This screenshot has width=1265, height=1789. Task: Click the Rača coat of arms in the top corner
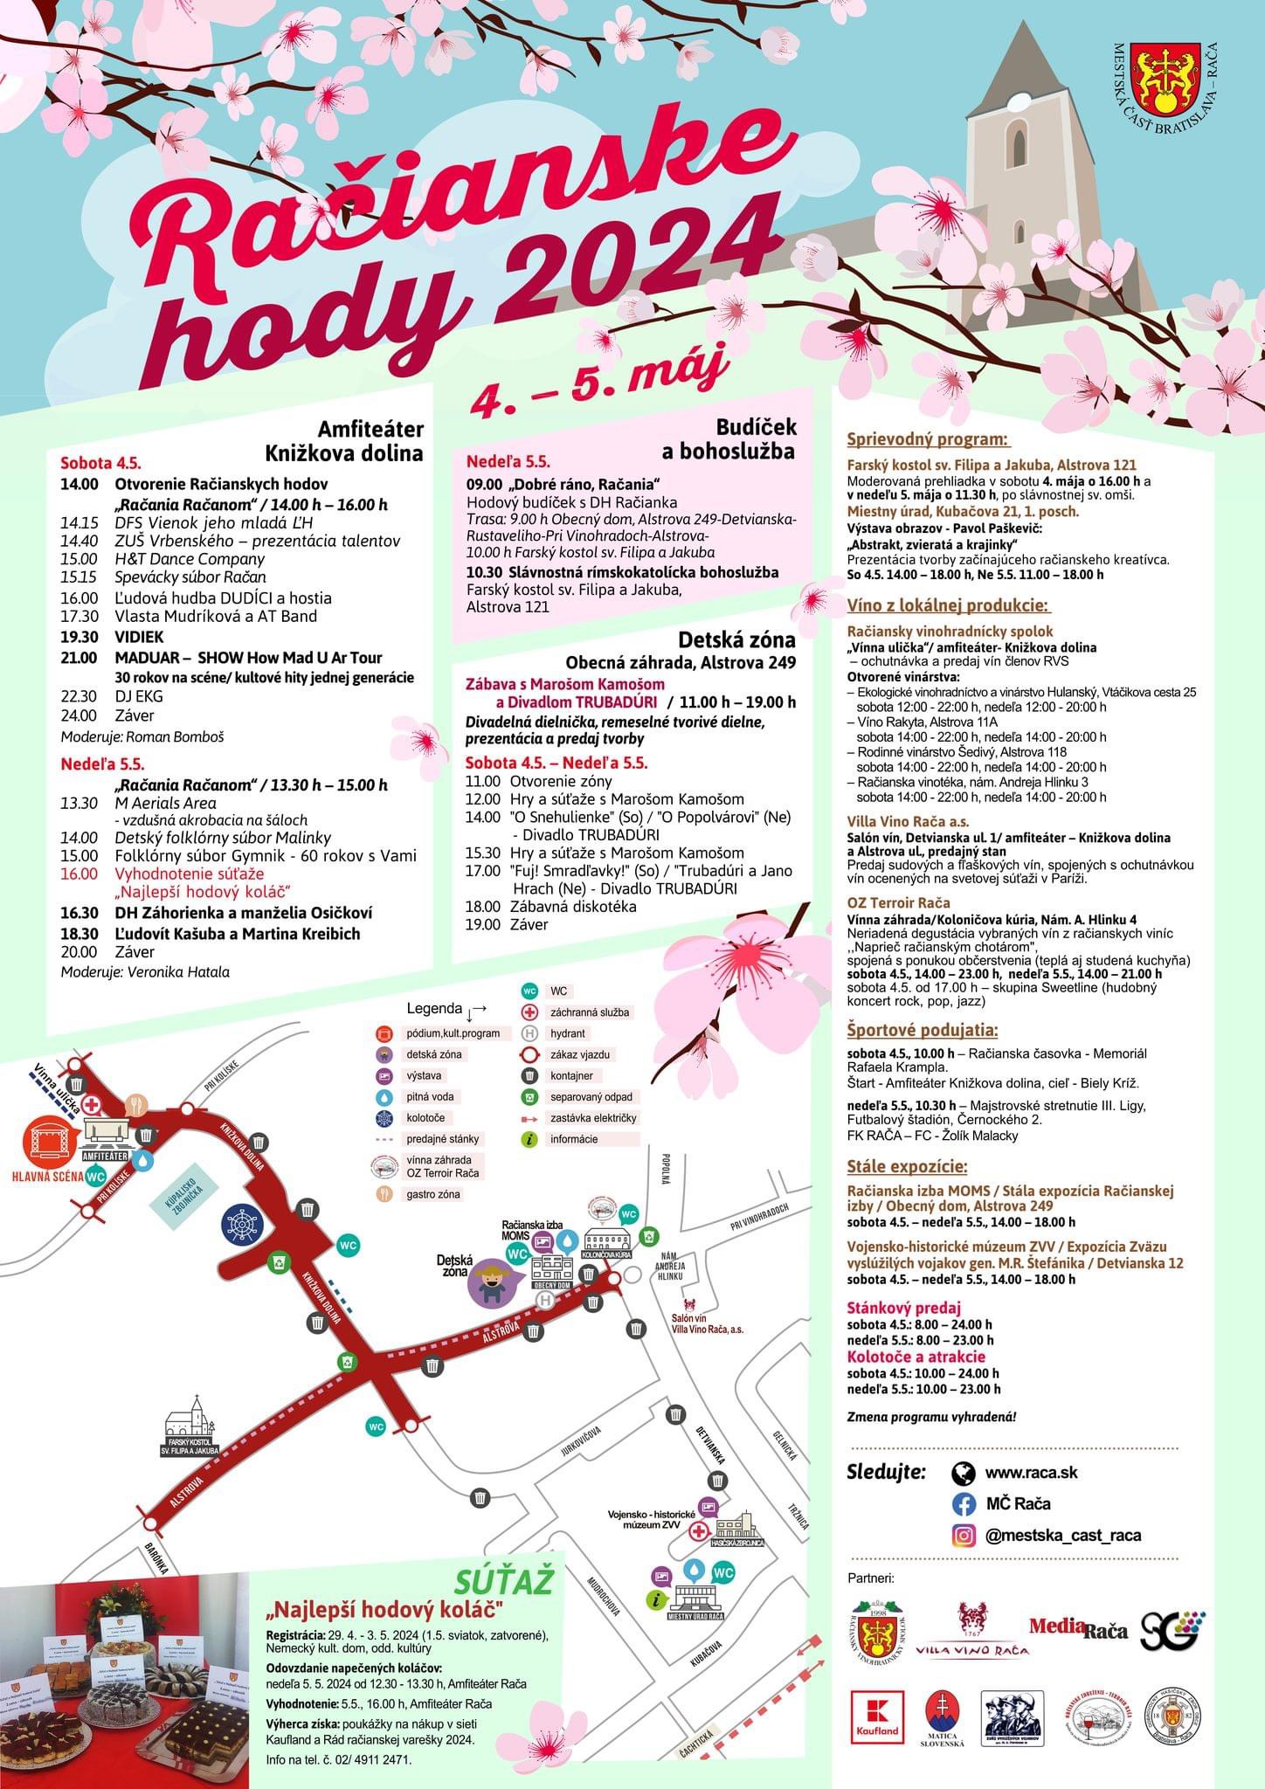pyautogui.click(x=1163, y=79)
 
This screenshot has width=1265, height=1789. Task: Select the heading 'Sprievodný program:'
pyautogui.click(x=928, y=439)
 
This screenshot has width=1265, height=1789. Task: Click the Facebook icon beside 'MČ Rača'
pyautogui.click(x=964, y=1503)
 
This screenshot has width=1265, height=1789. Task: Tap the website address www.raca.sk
pyautogui.click(x=1031, y=1472)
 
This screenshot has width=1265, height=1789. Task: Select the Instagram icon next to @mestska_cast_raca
pyautogui.click(x=964, y=1535)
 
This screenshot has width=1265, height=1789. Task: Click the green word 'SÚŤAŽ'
pyautogui.click(x=505, y=1582)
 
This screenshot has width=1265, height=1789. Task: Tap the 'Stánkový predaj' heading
pyautogui.click(x=903, y=1308)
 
